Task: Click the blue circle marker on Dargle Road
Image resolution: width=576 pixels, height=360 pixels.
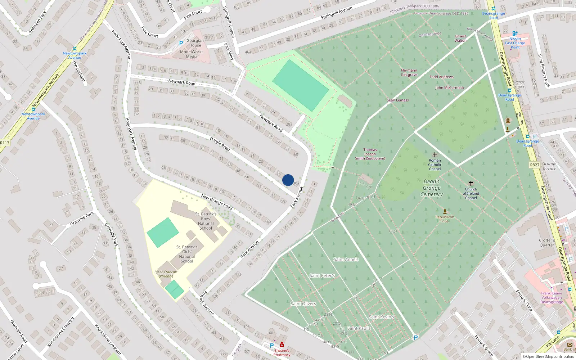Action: pos(288,180)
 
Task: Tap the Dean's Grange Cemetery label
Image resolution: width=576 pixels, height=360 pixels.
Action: pos(432,188)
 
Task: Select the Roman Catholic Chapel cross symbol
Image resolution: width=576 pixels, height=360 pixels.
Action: pos(435,155)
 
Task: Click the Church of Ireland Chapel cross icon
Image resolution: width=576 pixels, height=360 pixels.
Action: pos(471,183)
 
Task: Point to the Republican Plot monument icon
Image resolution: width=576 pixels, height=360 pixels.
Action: pos(445,211)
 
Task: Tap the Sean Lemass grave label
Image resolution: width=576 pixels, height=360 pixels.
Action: pos(397,100)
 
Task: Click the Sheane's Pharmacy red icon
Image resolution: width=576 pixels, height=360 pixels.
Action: pos(282,345)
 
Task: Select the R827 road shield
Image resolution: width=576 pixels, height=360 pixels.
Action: pos(535,165)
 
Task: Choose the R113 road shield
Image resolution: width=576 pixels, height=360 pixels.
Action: pos(5,143)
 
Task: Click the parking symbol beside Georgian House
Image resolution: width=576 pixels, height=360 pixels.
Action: pos(181,43)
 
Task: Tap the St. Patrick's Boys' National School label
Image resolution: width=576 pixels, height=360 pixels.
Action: pos(206,221)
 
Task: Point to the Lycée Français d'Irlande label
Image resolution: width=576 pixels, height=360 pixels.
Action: pos(166,274)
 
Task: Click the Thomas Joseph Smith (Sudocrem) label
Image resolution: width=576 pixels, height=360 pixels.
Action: pos(370,154)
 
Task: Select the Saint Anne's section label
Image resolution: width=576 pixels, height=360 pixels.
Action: pos(346,259)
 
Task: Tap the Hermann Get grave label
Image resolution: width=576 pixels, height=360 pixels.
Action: pos(409,73)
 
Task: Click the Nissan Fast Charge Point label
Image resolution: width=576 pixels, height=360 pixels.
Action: pos(515,43)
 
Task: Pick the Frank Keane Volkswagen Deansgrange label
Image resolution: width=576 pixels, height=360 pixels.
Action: pos(552,298)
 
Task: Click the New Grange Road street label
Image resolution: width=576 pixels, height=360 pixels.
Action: pos(217,202)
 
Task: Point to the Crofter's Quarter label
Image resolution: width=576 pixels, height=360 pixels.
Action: pos(547,243)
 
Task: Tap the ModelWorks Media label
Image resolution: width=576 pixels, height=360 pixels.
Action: pos(192,54)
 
